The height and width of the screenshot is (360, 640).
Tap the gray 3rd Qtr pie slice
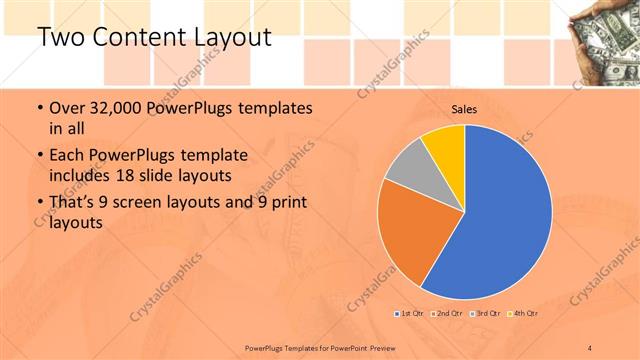[408, 176]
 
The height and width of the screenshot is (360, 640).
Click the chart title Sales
[463, 109]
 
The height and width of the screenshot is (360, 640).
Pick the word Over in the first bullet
[66, 107]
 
